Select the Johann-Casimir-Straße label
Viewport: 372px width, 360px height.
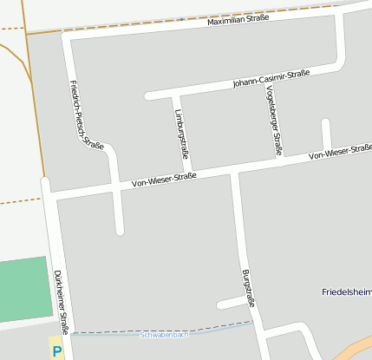coord(271,79)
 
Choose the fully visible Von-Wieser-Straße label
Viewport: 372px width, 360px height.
coord(164,180)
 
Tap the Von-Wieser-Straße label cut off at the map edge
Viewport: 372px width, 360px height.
coord(340,154)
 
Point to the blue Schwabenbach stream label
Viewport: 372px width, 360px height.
coord(164,334)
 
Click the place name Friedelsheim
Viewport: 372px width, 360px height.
coord(346,291)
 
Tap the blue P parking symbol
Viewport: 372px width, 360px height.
coord(57,352)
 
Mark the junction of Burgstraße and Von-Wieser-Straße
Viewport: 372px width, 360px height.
coord(233,170)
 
